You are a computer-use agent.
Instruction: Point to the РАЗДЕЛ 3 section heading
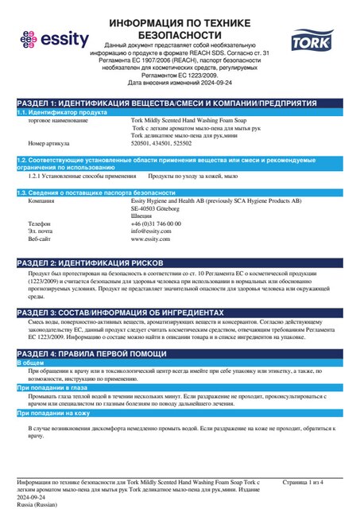click(x=130, y=312)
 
